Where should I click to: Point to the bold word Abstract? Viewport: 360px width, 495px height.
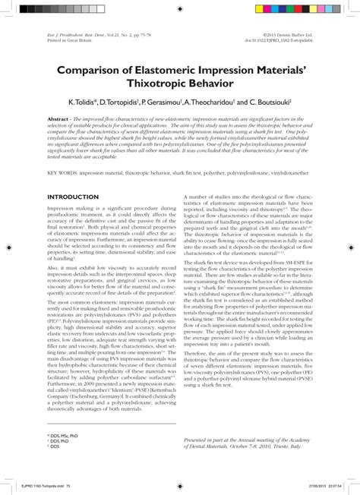pyautogui.click(x=60, y=120)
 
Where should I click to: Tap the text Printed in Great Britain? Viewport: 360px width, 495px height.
pyautogui.click(x=68, y=40)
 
